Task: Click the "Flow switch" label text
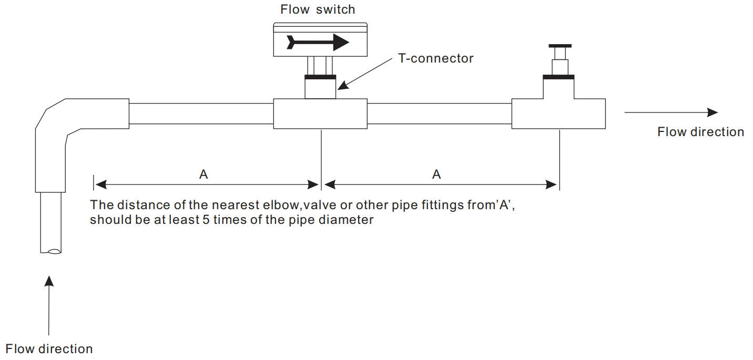click(317, 9)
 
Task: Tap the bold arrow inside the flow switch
click(318, 42)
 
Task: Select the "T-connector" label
click(435, 58)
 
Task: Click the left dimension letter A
click(203, 174)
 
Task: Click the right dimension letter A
click(436, 174)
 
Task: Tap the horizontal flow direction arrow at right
click(670, 112)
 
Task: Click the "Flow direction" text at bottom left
click(49, 348)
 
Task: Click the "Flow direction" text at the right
click(700, 132)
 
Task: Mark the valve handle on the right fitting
click(559, 46)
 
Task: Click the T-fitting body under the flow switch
click(320, 113)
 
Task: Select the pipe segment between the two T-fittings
click(439, 113)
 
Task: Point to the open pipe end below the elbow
click(50, 251)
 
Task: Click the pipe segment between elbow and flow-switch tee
click(201, 113)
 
